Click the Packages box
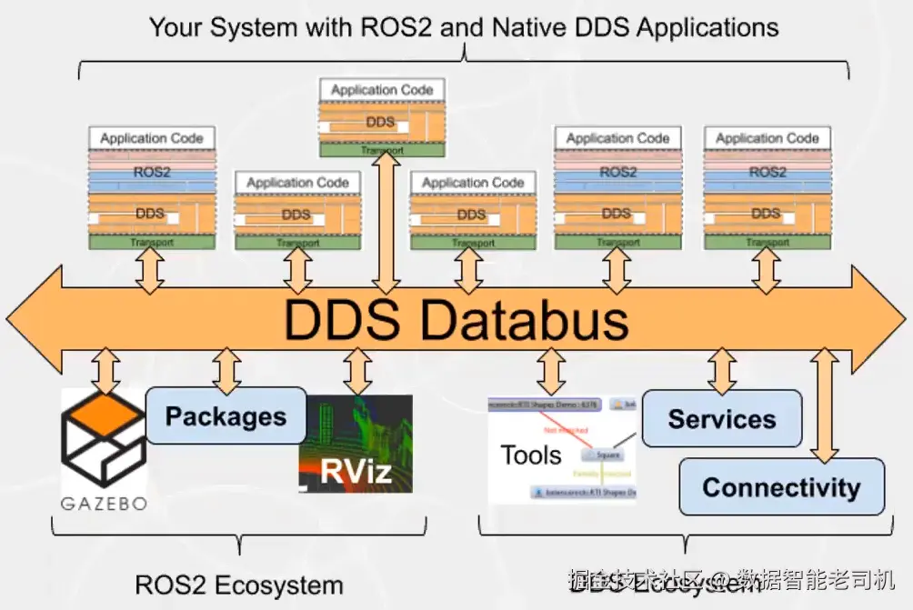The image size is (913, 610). pos(226,416)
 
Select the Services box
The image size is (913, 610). pos(722,419)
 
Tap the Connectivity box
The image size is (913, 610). pos(781,487)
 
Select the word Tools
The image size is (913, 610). pos(531,455)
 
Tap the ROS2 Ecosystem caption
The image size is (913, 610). pos(239,585)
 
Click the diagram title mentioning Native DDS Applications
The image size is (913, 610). pos(464,26)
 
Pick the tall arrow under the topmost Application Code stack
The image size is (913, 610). pos(383,218)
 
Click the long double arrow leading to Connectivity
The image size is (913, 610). pos(825,405)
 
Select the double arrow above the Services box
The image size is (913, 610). pos(722,370)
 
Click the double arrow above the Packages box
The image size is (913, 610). pos(226,369)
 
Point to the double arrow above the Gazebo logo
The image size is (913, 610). pos(107,369)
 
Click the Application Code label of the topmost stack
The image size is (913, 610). pos(382,90)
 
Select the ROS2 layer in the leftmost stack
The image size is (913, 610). pos(152,172)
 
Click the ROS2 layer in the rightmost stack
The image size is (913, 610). pos(768,172)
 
